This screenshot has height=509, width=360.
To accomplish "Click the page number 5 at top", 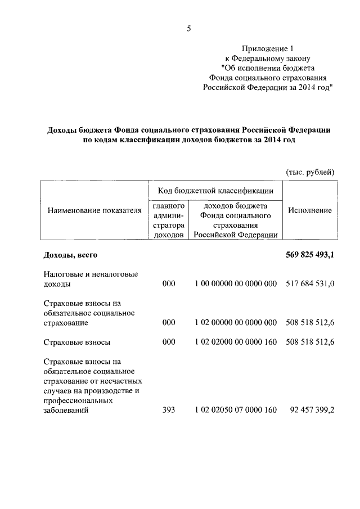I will click(189, 29).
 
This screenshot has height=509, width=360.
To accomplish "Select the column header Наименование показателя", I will click(94, 210).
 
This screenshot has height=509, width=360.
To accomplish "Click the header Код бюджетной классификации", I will click(216, 191).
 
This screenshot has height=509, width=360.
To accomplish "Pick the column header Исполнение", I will click(309, 210).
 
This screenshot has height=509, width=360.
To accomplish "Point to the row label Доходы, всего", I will click(71, 255).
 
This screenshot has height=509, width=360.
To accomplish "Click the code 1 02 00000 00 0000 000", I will click(236, 323).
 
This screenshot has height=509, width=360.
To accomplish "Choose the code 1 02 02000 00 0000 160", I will click(236, 342).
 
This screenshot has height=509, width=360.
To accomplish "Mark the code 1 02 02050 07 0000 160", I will click(236, 411).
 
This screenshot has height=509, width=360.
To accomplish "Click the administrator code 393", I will click(169, 411).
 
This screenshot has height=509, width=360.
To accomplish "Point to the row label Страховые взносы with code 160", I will click(76, 342).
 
